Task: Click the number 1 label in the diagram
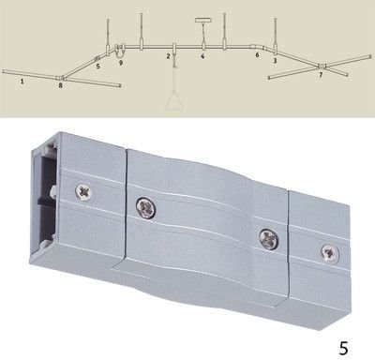pos(22,82)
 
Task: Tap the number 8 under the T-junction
pos(60,85)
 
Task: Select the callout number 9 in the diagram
pos(121,63)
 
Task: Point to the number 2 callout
pos(168,56)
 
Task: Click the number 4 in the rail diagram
pos(202,56)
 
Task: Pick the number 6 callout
pos(257,55)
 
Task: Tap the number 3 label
pos(275,61)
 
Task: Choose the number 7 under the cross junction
pos(321,75)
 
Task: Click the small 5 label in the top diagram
pos(98,67)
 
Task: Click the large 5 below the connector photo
pos(343,349)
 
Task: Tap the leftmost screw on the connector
pos(85,190)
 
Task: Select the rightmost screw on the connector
pos(330,252)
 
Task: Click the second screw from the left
pos(146,207)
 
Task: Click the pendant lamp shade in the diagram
pos(174,100)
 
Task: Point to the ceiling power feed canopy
pos(203,21)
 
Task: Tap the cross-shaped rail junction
pos(322,67)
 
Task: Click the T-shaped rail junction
pos(60,77)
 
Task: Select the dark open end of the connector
pos(44,195)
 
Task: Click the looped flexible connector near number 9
pos(119,51)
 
